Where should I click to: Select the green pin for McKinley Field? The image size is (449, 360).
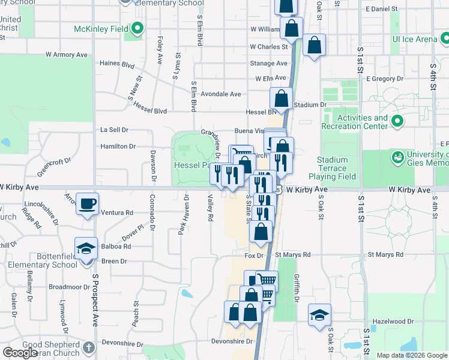coord(137,28)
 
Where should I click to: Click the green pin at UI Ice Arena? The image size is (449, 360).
coord(445,40)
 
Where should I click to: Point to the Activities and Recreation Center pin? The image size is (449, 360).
coord(397,122)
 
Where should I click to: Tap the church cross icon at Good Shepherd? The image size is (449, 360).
coord(88,347)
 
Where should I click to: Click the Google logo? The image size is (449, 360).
coord(20,353)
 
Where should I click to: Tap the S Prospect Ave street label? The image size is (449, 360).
coord(95,300)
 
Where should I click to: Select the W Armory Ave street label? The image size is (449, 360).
coord(67,55)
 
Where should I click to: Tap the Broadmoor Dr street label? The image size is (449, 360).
coord(68,287)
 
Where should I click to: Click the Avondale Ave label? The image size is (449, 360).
coord(220,94)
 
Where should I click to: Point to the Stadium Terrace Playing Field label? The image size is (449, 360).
coord(332,169)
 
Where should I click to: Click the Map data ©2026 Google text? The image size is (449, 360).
coord(411,355)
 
